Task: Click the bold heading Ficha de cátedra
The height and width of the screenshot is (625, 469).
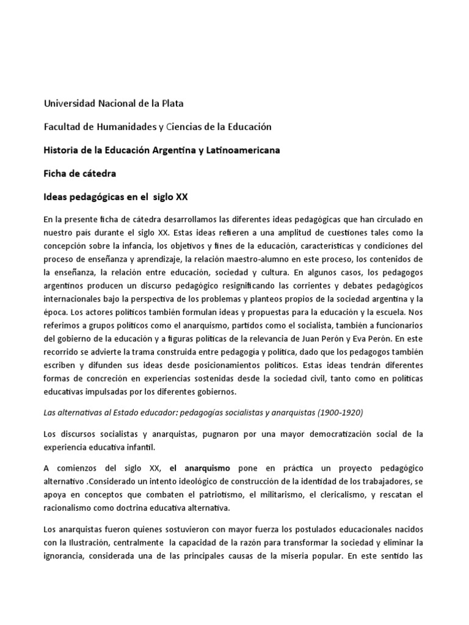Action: [x=79, y=174]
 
